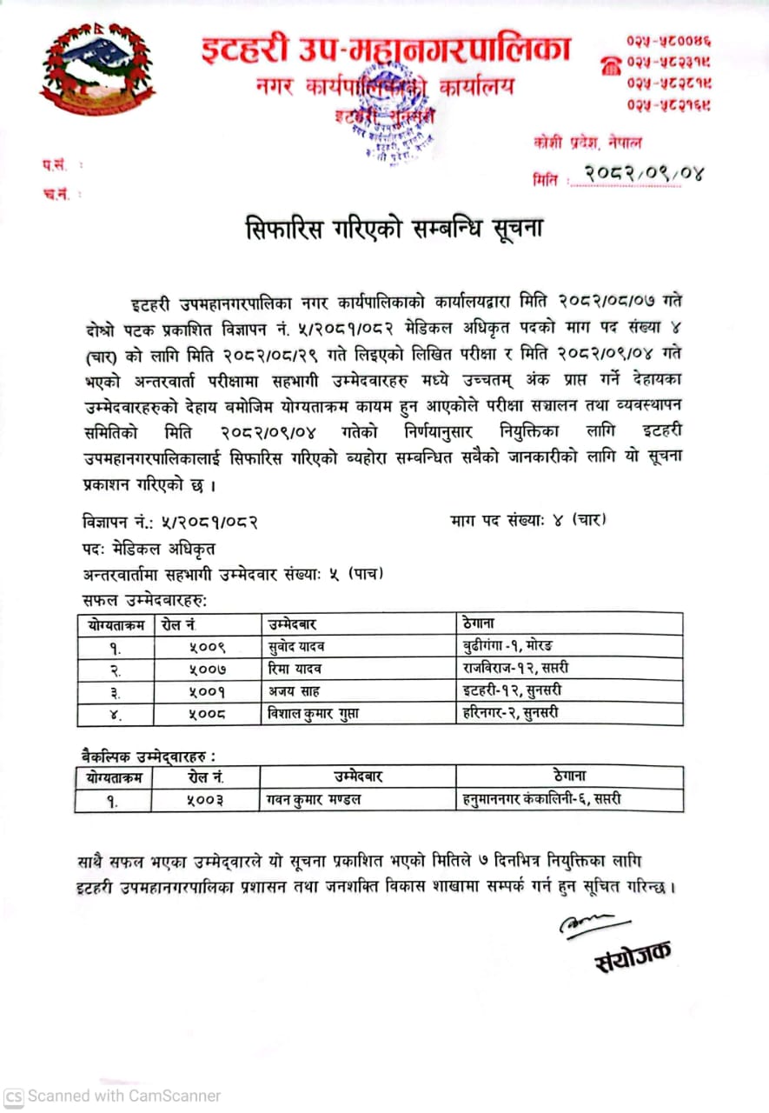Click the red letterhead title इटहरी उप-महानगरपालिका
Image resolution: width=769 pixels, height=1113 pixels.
(385, 50)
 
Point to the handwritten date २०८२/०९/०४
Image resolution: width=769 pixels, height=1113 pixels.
(642, 176)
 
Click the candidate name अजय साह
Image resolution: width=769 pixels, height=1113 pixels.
(294, 691)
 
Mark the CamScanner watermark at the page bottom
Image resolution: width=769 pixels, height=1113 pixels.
(113, 1096)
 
